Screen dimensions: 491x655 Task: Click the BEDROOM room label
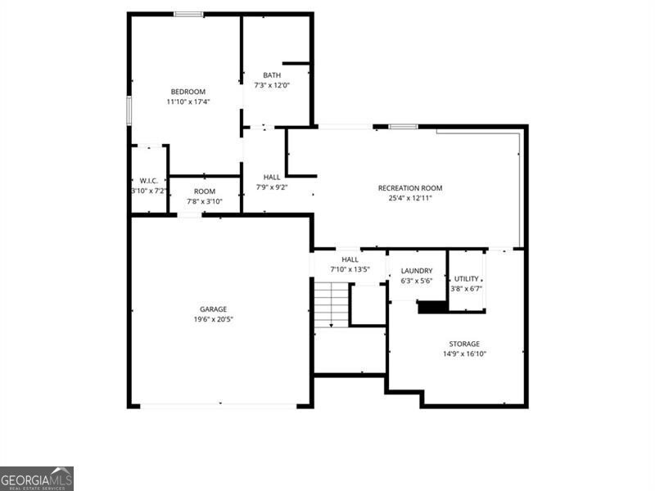pyautogui.click(x=187, y=91)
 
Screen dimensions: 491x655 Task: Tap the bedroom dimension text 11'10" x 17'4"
pyautogui.click(x=187, y=101)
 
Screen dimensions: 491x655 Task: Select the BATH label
pyautogui.click(x=272, y=75)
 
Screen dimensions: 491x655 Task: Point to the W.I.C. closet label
pyautogui.click(x=148, y=180)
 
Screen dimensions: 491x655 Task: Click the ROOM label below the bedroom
pyautogui.click(x=205, y=191)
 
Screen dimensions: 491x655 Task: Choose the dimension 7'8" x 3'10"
pyautogui.click(x=205, y=201)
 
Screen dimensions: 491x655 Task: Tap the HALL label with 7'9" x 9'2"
pyautogui.click(x=272, y=177)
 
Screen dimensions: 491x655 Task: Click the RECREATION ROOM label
pyautogui.click(x=410, y=188)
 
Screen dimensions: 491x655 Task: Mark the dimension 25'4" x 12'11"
pyautogui.click(x=410, y=198)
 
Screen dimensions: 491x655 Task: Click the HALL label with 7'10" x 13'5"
pyautogui.click(x=350, y=259)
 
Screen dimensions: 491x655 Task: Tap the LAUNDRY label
pyautogui.click(x=417, y=271)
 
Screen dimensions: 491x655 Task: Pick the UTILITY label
pyautogui.click(x=467, y=279)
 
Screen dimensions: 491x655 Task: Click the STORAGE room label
pyautogui.click(x=463, y=344)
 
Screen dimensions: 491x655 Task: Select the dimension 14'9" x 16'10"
pyautogui.click(x=463, y=354)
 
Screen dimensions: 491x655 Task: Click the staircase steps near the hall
pyautogui.click(x=331, y=304)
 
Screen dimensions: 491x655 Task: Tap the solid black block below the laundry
pyautogui.click(x=432, y=307)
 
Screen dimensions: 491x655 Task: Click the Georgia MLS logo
pyautogui.click(x=37, y=478)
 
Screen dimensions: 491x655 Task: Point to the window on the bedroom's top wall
pyautogui.click(x=188, y=14)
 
